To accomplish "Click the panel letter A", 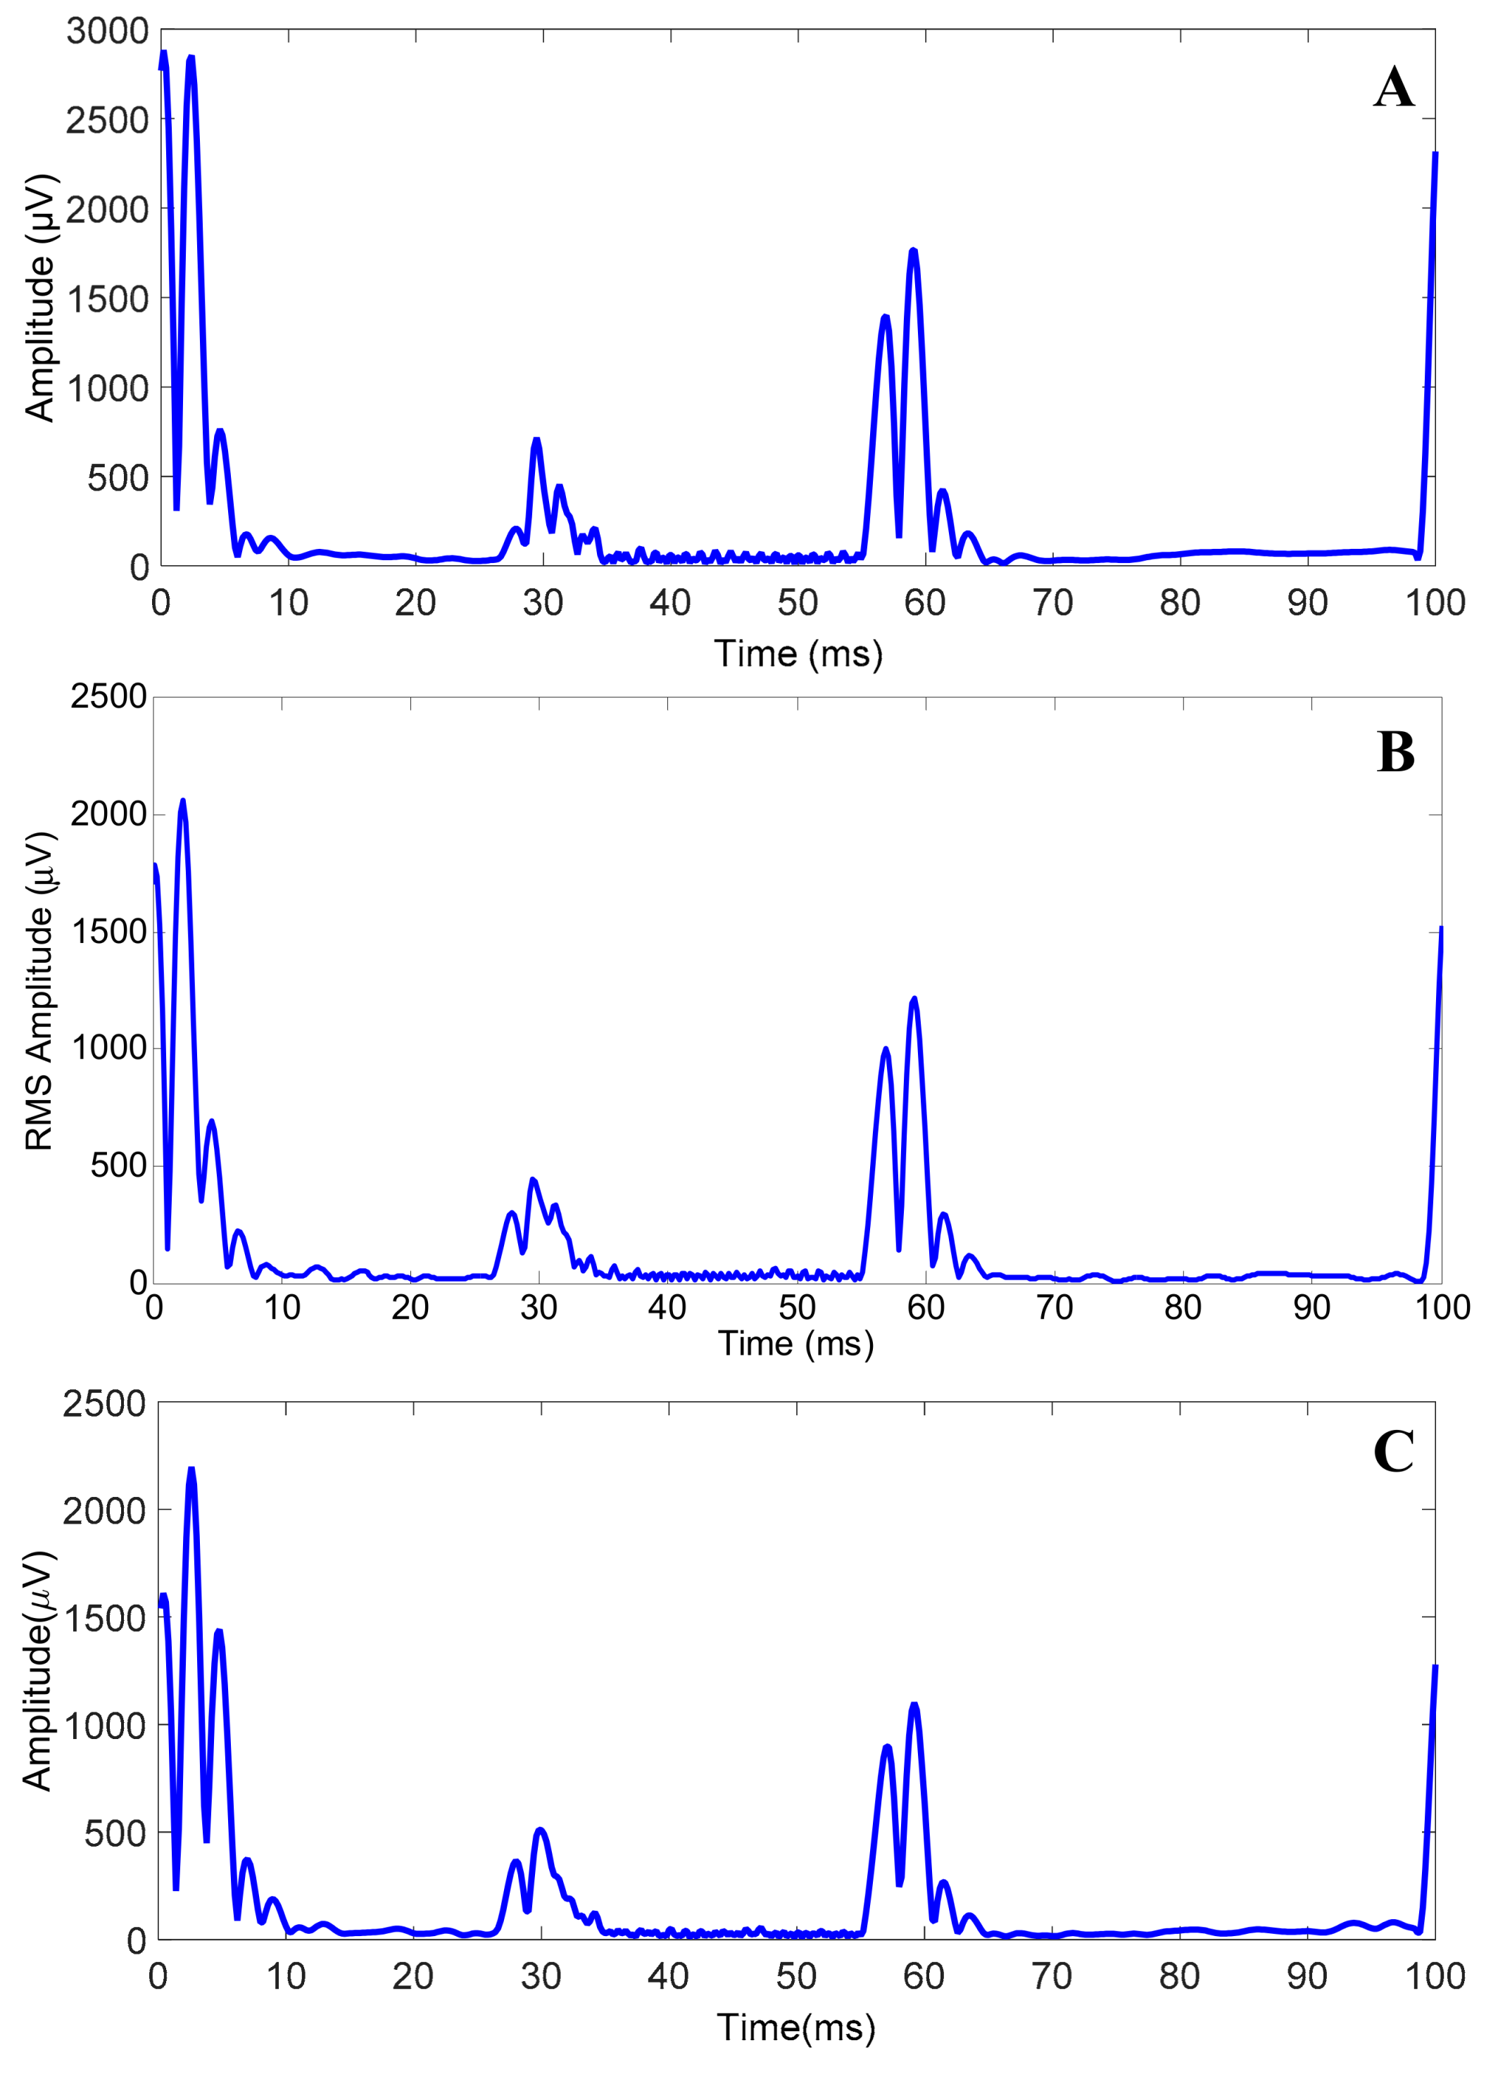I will (1393, 89).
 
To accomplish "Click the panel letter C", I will (1393, 1451).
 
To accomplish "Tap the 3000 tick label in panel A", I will (107, 31).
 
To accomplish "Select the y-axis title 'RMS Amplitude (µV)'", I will (39, 990).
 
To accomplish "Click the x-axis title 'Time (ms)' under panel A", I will (798, 654).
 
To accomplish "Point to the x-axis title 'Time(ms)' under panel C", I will (795, 2028).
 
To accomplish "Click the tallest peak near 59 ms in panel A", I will (913, 251).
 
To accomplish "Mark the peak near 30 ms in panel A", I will (537, 441).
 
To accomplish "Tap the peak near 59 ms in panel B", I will (914, 999).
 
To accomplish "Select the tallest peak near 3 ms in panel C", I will (191, 1469).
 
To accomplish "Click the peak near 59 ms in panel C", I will (914, 1705).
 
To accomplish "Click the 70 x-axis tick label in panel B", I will (1054, 1308).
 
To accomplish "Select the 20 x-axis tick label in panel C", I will (413, 1976).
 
